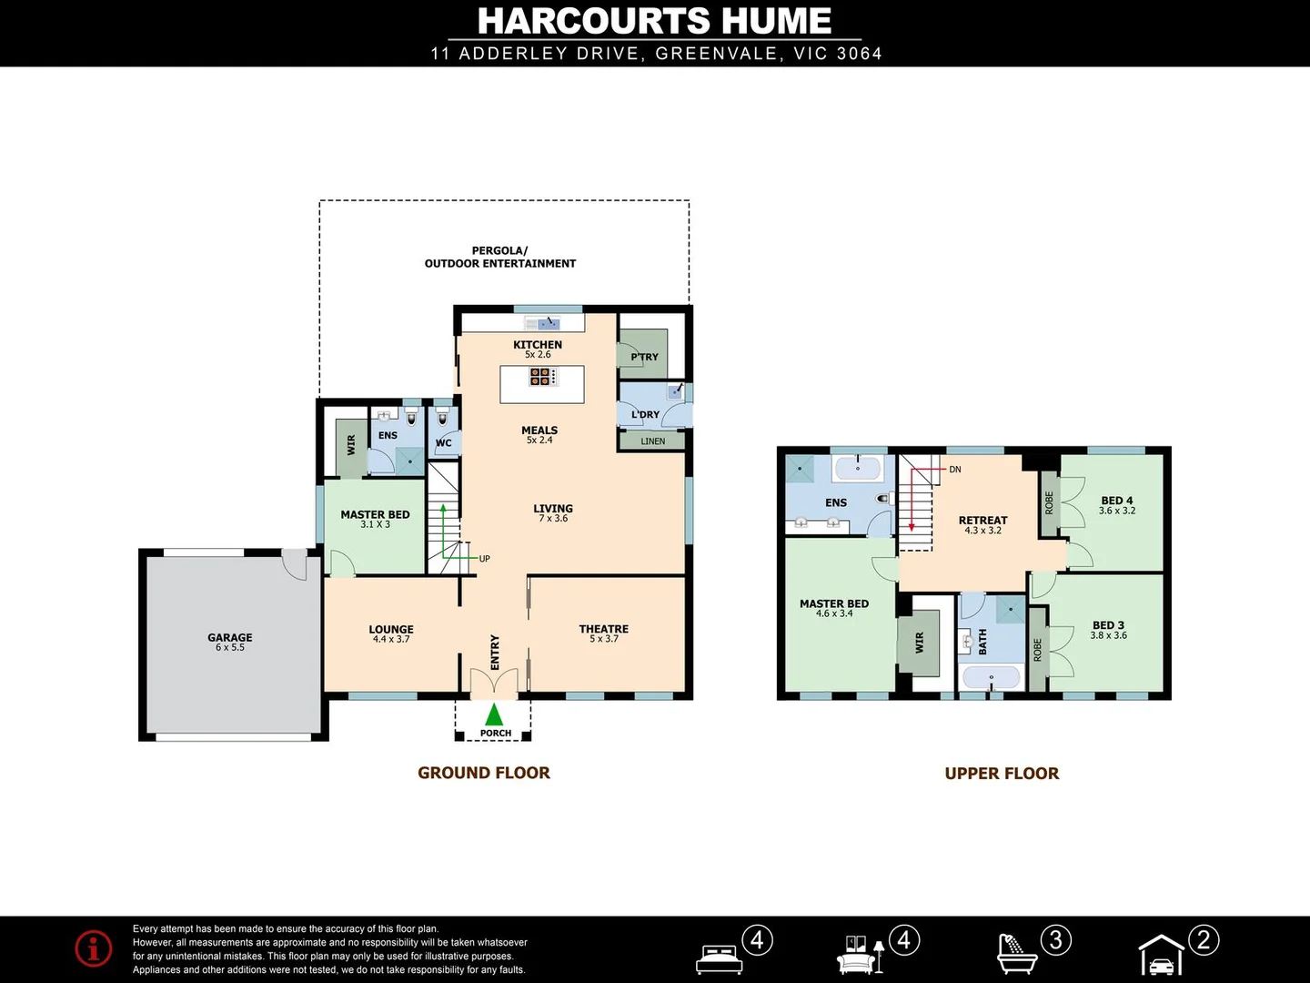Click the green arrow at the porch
click(x=494, y=714)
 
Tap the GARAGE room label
click(x=229, y=637)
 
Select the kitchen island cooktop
click(x=541, y=376)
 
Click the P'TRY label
click(x=644, y=357)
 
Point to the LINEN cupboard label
click(x=652, y=441)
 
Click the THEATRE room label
click(x=603, y=629)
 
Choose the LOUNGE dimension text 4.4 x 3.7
click(x=391, y=640)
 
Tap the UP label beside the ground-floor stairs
click(x=484, y=559)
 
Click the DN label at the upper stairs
click(x=954, y=470)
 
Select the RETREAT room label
click(x=982, y=520)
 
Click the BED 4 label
click(x=1116, y=500)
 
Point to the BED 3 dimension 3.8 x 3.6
click(x=1108, y=635)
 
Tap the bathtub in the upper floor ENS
click(x=857, y=469)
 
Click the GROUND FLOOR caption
click(x=483, y=773)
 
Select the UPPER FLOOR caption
click(x=1002, y=774)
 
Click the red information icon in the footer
click(x=94, y=948)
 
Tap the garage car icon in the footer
click(x=1162, y=957)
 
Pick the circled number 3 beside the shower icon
click(x=1055, y=939)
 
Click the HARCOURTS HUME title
click(x=654, y=21)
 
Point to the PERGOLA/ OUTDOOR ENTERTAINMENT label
click(x=499, y=257)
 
